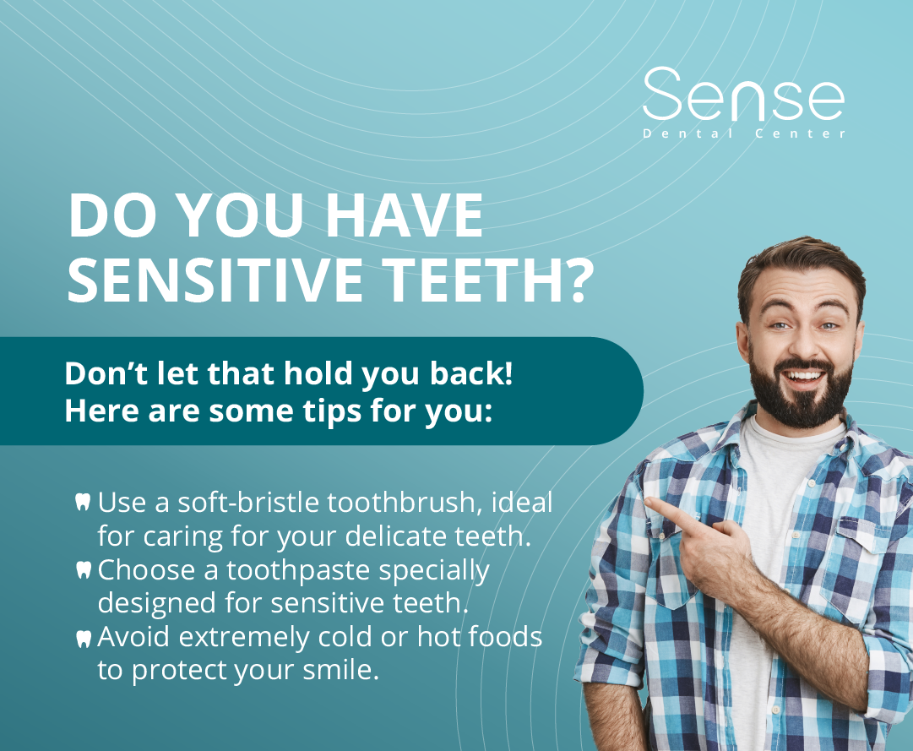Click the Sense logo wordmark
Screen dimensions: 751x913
(743, 95)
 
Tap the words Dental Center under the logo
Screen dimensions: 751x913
(743, 133)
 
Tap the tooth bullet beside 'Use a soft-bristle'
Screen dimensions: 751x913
(83, 503)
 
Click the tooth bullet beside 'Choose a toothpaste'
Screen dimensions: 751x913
(83, 570)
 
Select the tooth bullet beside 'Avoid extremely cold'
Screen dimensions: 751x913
(83, 638)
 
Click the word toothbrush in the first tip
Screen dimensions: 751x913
(400, 503)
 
